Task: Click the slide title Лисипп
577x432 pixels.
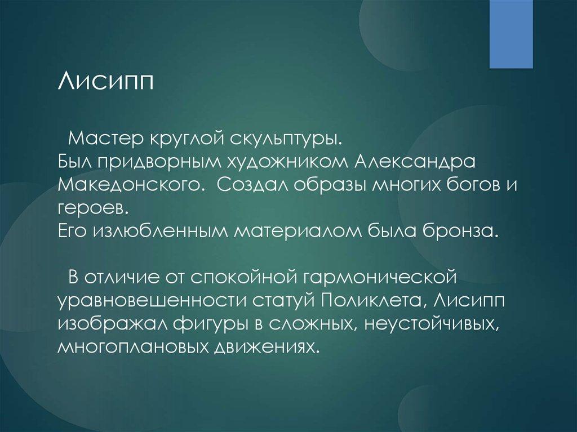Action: point(105,81)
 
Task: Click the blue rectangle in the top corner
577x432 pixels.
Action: point(511,34)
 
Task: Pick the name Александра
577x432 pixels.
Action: point(414,163)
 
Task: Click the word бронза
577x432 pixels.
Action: point(459,230)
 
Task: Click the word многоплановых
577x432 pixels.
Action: point(134,346)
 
